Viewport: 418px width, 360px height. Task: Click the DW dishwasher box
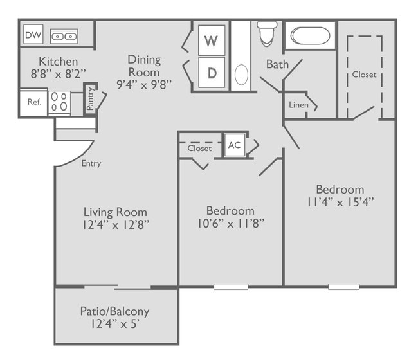click(33, 34)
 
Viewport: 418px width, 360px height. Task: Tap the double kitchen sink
click(64, 36)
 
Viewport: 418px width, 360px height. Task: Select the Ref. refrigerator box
click(34, 103)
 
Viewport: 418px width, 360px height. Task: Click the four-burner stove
click(59, 102)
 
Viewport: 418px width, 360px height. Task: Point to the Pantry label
click(90, 98)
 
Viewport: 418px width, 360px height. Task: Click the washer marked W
click(212, 40)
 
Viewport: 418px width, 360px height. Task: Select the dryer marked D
click(212, 73)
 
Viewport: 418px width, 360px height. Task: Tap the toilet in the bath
click(267, 33)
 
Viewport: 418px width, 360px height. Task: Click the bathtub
click(310, 36)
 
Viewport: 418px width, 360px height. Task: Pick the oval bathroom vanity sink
click(241, 75)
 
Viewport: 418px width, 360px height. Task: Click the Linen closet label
click(298, 105)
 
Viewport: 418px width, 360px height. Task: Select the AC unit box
click(235, 145)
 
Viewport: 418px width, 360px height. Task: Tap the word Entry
click(91, 163)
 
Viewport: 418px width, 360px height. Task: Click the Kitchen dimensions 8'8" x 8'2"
click(59, 74)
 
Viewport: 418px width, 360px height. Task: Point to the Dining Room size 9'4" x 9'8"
click(144, 85)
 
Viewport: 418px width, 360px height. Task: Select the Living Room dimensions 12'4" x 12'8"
click(115, 225)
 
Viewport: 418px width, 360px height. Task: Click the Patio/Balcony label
click(114, 311)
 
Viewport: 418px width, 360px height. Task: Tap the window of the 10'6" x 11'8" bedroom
click(231, 287)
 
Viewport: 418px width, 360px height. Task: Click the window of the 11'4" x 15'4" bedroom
click(343, 287)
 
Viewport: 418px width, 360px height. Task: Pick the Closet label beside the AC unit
click(199, 148)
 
